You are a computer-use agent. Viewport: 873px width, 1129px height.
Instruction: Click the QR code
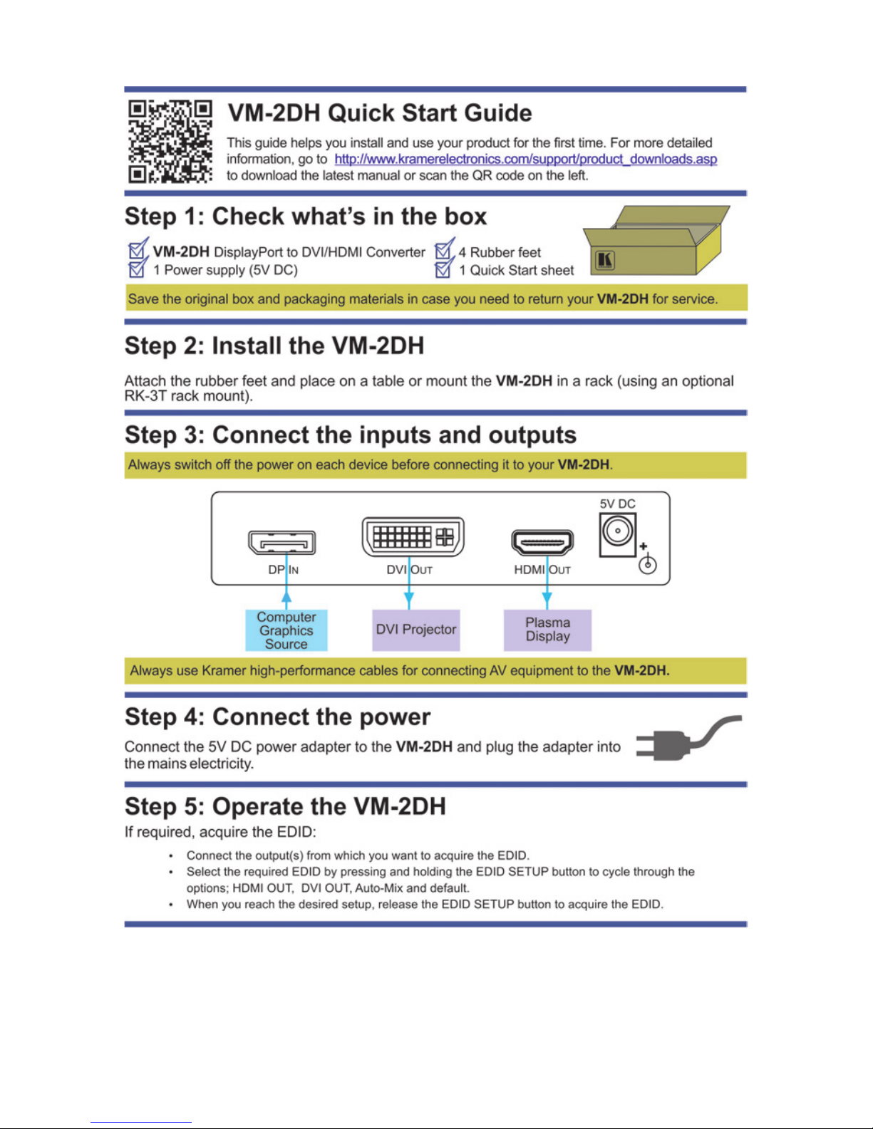(170, 141)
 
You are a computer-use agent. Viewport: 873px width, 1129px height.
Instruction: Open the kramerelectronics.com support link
(525, 159)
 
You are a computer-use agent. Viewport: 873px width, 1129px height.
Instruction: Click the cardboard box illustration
(656, 240)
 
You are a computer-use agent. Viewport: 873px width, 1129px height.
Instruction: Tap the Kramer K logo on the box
(605, 259)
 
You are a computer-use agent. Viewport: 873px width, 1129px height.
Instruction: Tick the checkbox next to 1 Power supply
(138, 268)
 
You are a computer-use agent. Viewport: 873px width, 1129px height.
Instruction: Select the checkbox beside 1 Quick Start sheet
(444, 268)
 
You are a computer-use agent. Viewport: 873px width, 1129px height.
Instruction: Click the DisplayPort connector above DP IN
(282, 543)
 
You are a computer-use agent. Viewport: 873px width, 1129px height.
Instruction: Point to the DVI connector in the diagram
(413, 536)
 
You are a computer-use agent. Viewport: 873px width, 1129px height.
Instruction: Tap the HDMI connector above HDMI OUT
(542, 543)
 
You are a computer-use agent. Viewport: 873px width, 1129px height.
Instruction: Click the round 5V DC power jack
(617, 531)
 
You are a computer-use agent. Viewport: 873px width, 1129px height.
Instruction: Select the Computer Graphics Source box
(286, 630)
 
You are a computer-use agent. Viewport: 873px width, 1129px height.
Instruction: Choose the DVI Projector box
(416, 630)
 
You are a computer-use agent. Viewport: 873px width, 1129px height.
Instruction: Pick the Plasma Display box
(548, 630)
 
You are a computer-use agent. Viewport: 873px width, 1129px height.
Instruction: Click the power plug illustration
(688, 738)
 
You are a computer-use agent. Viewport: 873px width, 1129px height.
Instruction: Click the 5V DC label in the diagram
(617, 504)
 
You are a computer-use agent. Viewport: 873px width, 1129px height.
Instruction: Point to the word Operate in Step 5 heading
(277, 807)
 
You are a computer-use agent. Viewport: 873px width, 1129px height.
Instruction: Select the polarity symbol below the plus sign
(648, 564)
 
